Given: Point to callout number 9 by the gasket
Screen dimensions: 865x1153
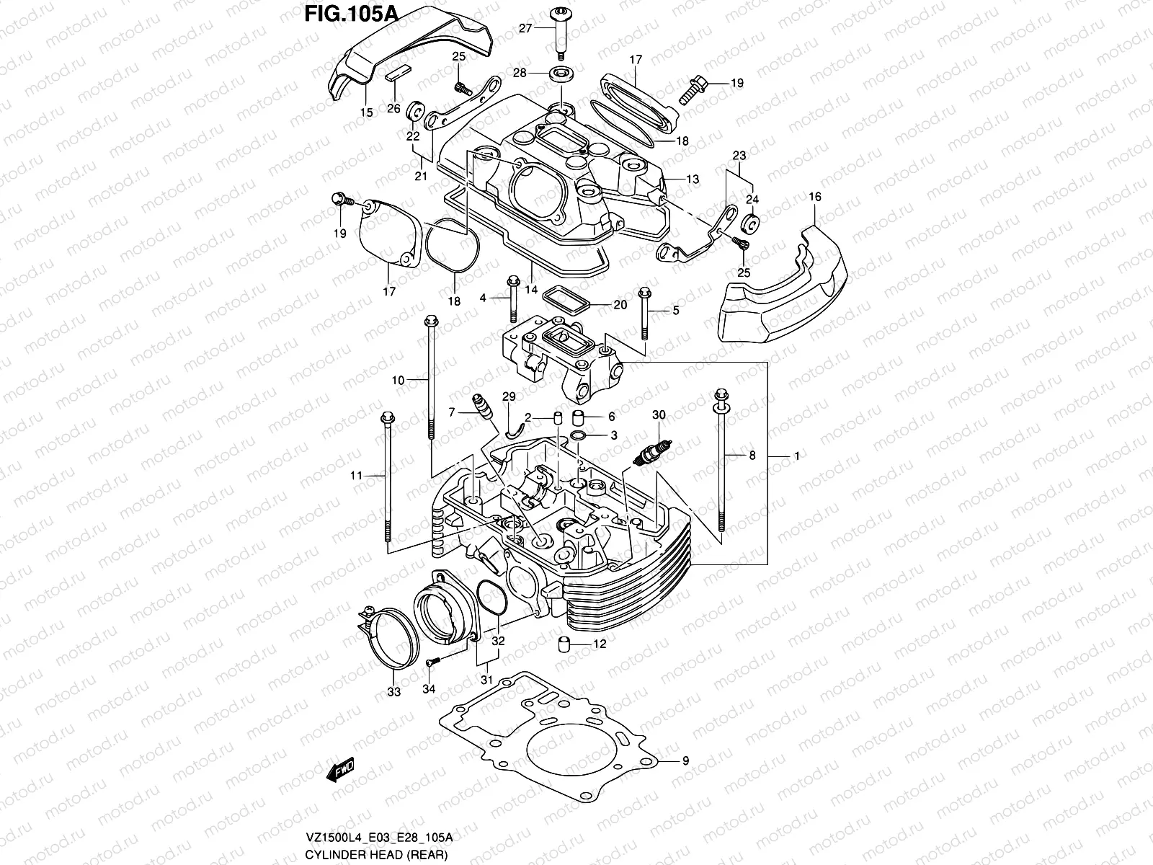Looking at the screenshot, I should coord(685,760).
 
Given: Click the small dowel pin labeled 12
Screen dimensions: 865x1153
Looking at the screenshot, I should coord(564,644).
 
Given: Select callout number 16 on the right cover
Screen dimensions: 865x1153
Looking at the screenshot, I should coord(815,197).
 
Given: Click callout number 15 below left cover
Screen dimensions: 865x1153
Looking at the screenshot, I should coord(365,112).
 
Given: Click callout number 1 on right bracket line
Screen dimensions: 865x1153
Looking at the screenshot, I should coord(797,456).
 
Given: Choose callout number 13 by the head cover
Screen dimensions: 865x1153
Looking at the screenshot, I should coord(692,179).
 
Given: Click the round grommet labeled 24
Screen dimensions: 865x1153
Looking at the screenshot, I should coord(750,224).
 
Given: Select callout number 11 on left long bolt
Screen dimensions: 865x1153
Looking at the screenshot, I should coord(356,475).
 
